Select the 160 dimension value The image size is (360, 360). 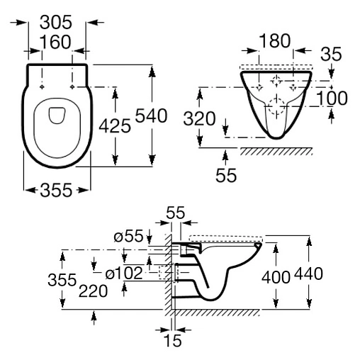click(57, 43)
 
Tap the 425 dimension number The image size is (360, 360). click(115, 125)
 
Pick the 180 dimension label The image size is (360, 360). click(274, 41)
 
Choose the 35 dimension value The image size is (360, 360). click(330, 52)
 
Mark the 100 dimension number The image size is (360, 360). click(332, 99)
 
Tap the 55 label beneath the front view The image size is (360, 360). click(225, 174)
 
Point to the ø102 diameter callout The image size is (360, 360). click(124, 271)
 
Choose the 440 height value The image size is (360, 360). click(312, 274)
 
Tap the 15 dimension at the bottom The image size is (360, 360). click(171, 341)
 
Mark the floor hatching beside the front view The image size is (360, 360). click(276, 151)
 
